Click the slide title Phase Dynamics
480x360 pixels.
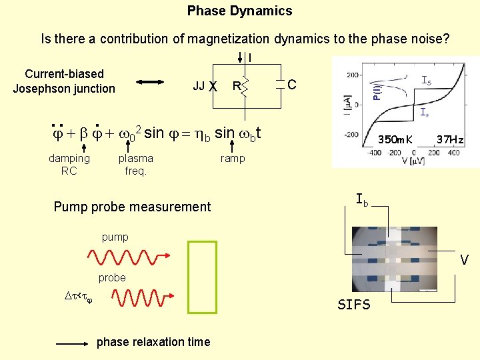239,11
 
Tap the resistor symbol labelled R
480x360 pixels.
244,85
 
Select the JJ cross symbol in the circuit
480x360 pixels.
213,86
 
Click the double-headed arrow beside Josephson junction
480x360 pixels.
153,83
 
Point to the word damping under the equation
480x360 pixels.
69,158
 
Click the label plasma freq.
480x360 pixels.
135,164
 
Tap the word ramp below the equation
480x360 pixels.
233,158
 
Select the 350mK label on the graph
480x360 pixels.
395,140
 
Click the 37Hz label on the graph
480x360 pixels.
449,140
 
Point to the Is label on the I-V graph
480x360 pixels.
426,81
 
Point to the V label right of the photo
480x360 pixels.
464,260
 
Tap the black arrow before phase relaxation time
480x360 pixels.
73,343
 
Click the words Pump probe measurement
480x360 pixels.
132,207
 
